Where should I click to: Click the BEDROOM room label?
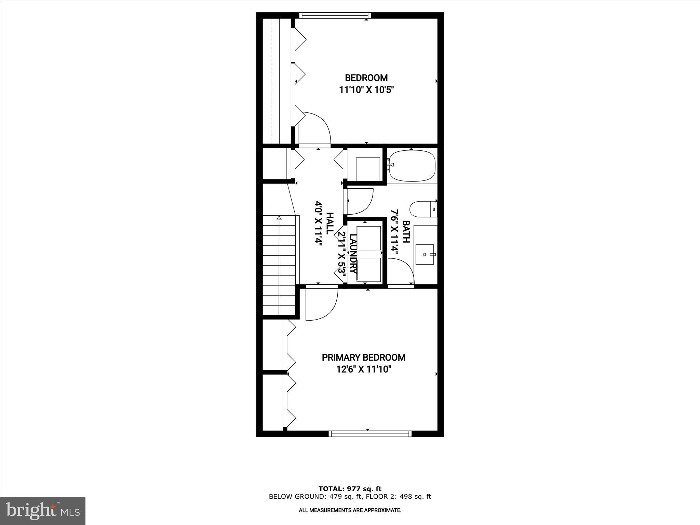click(366, 78)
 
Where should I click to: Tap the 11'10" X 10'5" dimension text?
click(366, 90)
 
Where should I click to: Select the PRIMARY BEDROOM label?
click(363, 358)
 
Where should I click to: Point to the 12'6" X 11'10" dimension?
click(363, 369)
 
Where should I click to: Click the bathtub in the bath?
click(412, 166)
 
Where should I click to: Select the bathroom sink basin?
click(425, 254)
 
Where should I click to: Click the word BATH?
click(406, 232)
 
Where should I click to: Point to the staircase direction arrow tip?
click(279, 217)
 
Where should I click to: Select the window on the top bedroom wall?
click(335, 15)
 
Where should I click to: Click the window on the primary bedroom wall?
click(370, 434)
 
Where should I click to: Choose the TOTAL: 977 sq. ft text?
click(350, 489)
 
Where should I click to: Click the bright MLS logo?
click(43, 511)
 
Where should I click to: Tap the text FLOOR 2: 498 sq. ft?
click(398, 497)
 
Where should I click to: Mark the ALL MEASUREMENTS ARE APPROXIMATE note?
click(350, 510)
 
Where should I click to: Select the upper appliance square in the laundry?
click(368, 238)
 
